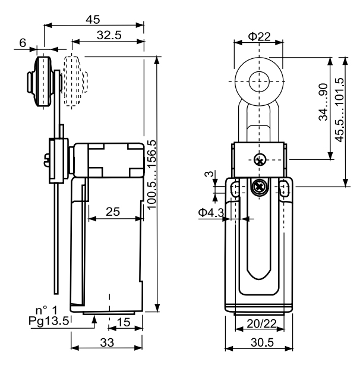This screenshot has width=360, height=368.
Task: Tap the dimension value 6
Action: [x=23, y=43]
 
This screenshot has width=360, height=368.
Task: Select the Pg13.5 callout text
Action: [x=49, y=321]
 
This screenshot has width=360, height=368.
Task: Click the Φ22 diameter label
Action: [x=259, y=36]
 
